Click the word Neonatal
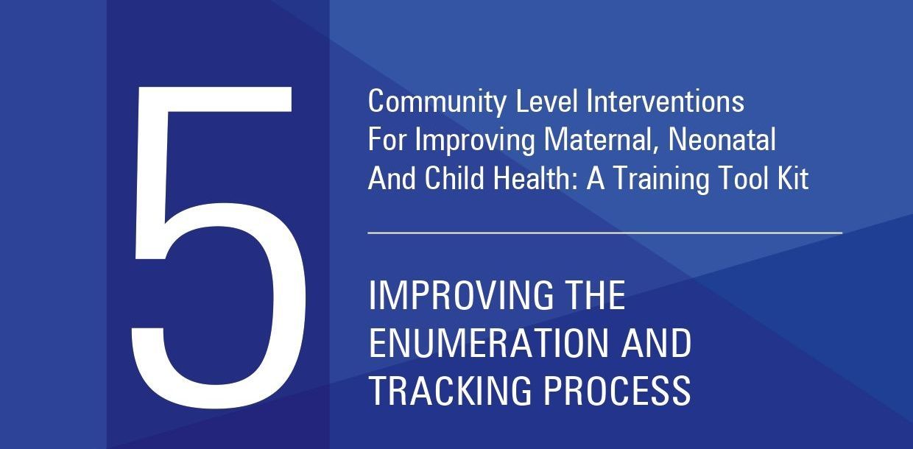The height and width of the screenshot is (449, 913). pos(722,139)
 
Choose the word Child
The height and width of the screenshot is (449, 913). pos(454,178)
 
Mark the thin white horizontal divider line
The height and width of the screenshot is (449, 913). pos(605,233)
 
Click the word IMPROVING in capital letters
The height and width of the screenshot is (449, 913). pos(462,295)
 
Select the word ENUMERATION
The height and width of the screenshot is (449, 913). pos(489,343)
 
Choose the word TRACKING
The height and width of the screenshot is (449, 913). pos(451,390)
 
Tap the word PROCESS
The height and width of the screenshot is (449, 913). pos(617,390)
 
